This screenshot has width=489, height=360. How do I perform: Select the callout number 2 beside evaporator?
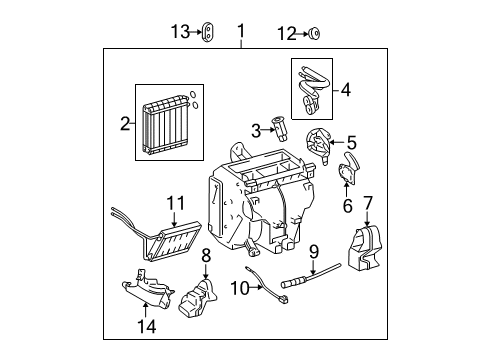125,125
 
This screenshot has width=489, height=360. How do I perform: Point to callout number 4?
345,89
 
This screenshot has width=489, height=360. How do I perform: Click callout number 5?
352,143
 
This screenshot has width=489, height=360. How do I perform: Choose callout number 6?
348,205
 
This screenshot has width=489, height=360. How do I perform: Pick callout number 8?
206,255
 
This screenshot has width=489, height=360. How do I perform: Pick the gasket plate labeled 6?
348,172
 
